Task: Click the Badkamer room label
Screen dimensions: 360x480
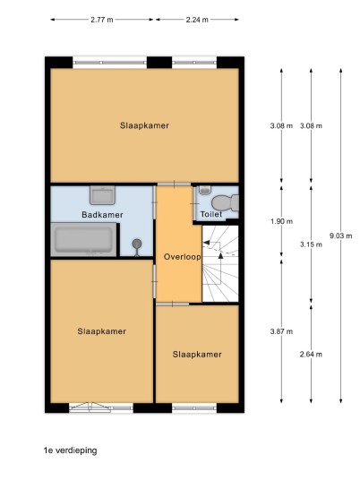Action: click(x=102, y=215)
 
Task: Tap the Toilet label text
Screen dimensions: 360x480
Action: click(x=211, y=214)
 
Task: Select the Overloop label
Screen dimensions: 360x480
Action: click(x=182, y=256)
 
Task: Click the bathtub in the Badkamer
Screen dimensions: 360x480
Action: click(x=83, y=240)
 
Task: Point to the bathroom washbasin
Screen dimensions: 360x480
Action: click(x=102, y=195)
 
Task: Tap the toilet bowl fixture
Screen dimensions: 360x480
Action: click(x=225, y=203)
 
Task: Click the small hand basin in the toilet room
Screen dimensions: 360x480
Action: click(x=204, y=190)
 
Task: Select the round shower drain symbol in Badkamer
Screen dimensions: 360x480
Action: click(x=137, y=244)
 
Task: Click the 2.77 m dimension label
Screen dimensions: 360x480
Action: click(x=102, y=20)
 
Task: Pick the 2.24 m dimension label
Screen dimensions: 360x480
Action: click(x=197, y=20)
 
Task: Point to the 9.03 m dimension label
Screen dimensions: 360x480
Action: click(x=340, y=236)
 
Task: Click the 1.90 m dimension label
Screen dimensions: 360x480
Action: click(x=281, y=221)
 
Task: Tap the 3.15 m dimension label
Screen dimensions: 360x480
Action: click(x=311, y=244)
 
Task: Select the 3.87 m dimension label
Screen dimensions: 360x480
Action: click(x=281, y=331)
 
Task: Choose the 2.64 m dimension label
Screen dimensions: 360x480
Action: click(x=311, y=355)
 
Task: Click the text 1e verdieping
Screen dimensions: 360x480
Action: click(x=71, y=450)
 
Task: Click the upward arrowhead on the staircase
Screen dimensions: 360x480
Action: click(x=220, y=256)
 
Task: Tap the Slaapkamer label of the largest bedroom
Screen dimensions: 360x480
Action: click(x=144, y=125)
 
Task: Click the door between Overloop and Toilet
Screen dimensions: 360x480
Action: click(x=194, y=203)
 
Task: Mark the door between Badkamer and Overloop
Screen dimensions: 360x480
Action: click(x=154, y=202)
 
